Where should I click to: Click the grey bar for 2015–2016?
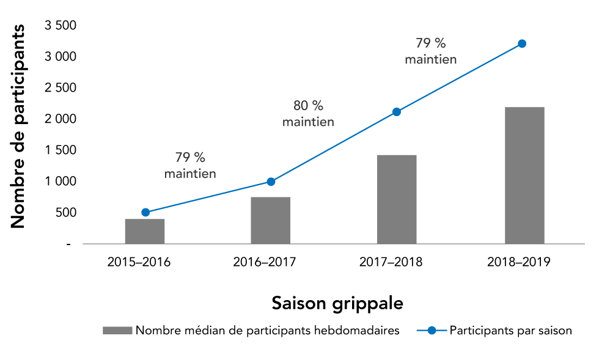[145, 231]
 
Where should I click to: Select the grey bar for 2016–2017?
[270, 220]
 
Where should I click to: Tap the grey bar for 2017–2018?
[397, 199]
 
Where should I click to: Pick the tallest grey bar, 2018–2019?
[524, 175]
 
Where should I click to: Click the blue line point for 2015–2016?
[145, 212]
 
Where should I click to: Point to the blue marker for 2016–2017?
[271, 182]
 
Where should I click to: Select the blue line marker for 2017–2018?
[397, 112]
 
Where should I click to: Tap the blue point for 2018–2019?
[522, 43]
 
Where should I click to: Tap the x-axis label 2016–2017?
[265, 262]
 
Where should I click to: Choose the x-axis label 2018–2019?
[519, 262]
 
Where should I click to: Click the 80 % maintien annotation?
[308, 114]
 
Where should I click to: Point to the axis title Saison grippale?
[337, 303]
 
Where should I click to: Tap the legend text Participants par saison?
[510, 331]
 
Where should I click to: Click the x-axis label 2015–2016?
[139, 262]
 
